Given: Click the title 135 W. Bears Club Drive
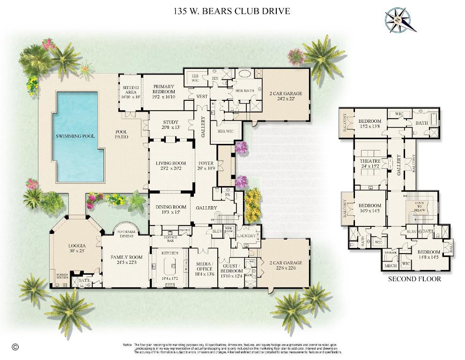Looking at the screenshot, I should pyautogui.click(x=232, y=10).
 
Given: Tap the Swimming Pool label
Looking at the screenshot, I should pyautogui.click(x=75, y=136).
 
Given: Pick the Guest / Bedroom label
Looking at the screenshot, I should pyautogui.click(x=232, y=269).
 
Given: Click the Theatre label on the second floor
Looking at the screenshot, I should pyautogui.click(x=370, y=163).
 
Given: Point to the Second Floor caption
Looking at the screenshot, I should pyautogui.click(x=414, y=279).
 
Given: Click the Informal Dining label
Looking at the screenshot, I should pyautogui.click(x=126, y=234).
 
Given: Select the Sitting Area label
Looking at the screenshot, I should pyautogui.click(x=131, y=92).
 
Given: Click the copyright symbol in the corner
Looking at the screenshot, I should pyautogui.click(x=15, y=347).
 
